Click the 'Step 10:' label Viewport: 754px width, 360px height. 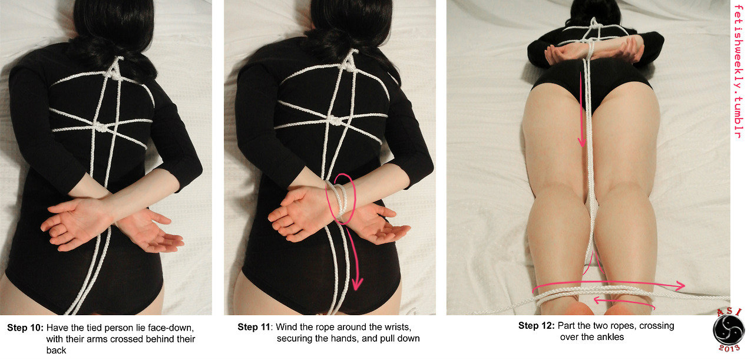[x=25, y=328]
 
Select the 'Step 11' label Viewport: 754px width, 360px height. [x=254, y=327]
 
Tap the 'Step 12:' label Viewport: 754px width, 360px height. [x=536, y=326]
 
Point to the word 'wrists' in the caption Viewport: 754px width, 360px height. [x=396, y=328]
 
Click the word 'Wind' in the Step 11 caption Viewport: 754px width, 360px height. [x=286, y=327]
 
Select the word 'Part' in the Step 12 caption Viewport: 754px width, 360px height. [x=566, y=326]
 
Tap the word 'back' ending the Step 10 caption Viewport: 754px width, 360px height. [x=56, y=351]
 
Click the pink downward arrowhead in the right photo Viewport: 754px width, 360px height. [x=582, y=141]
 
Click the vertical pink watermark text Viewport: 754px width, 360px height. [x=738, y=71]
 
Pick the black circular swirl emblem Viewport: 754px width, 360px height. [x=729, y=331]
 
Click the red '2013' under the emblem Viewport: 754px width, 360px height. [x=729, y=348]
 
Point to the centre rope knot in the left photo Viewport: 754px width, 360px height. [x=100, y=127]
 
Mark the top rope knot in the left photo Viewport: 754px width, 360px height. [x=115, y=74]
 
